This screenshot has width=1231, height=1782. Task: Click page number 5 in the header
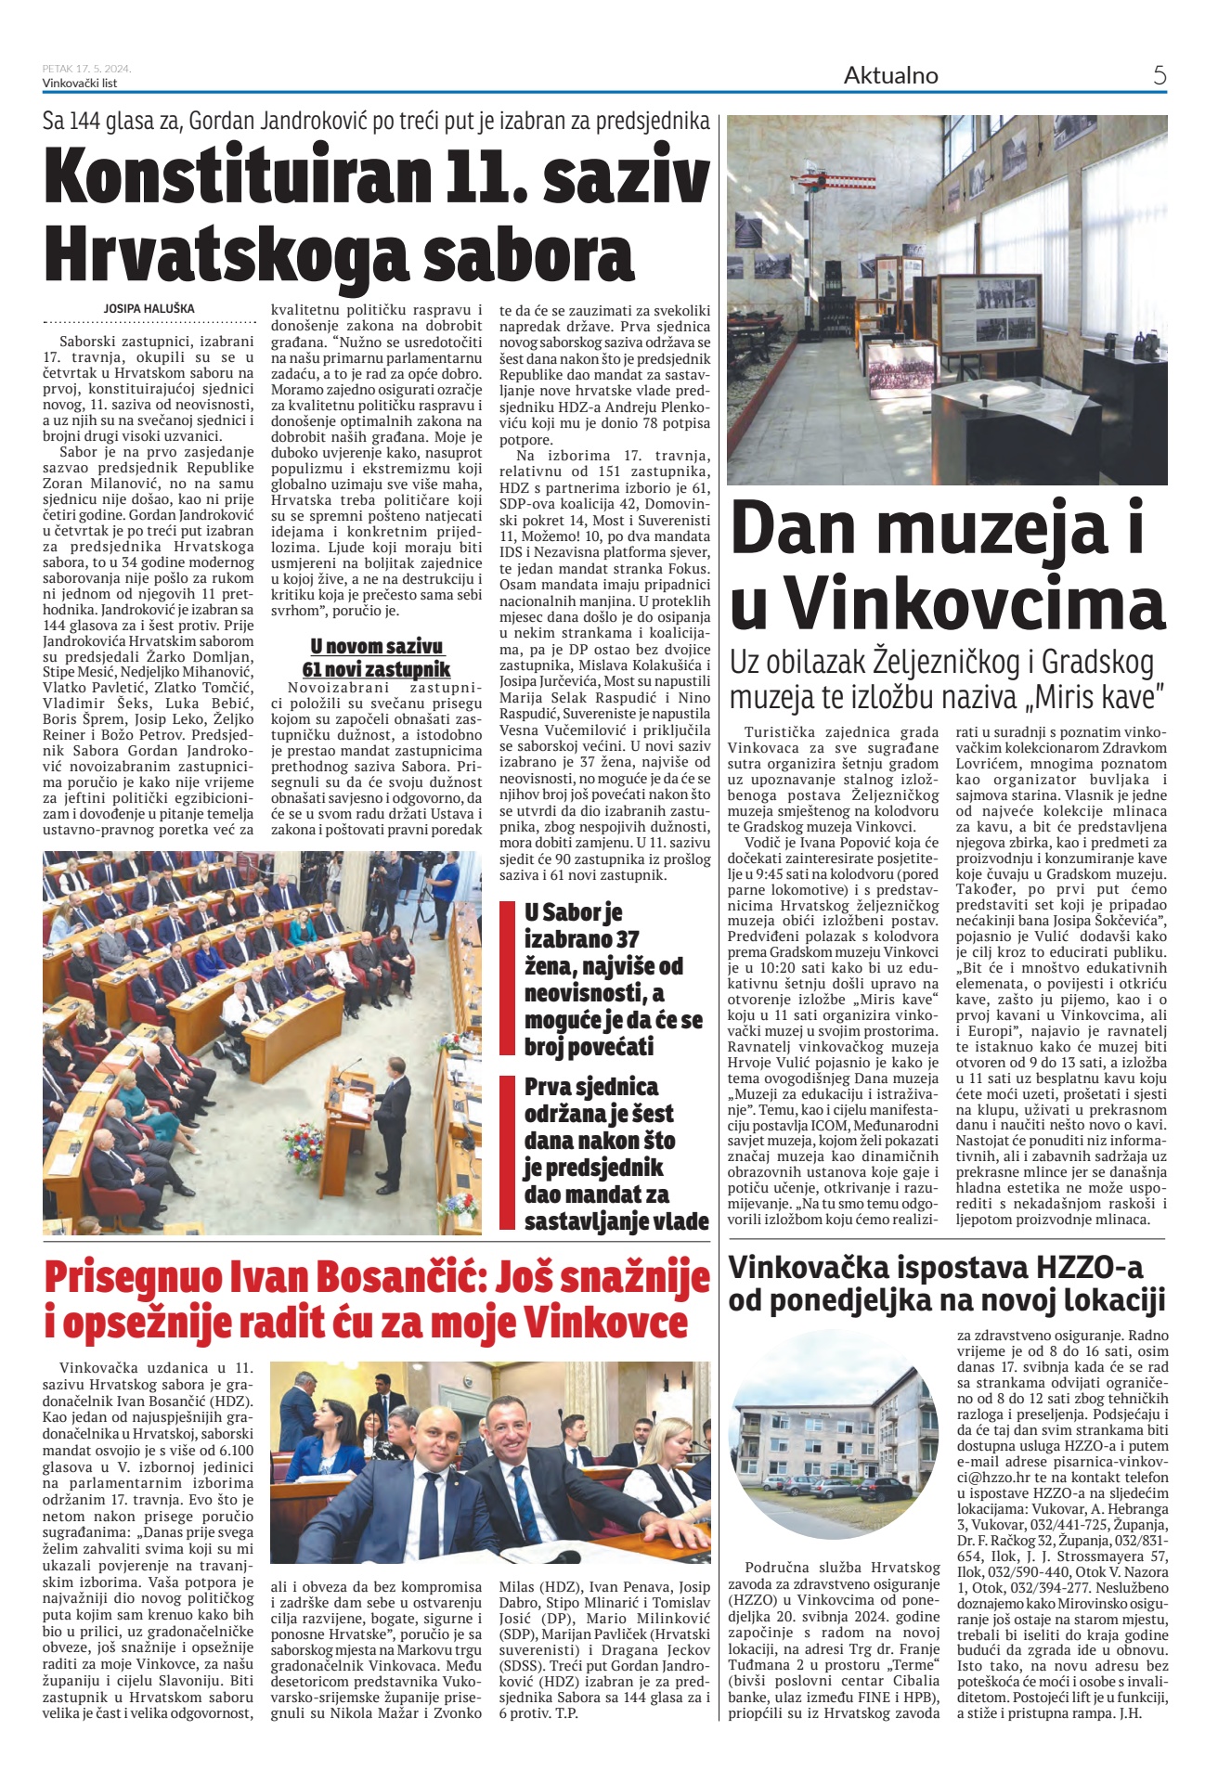pos(1159,75)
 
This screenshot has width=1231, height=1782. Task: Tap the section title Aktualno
pos(890,76)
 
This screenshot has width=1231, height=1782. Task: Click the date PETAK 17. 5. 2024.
pos(86,69)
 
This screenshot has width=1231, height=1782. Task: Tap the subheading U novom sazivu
pos(376,646)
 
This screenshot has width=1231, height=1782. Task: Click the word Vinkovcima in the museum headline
pos(976,604)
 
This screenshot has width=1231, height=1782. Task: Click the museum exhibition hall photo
pos(946,299)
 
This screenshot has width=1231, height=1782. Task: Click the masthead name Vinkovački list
pos(80,83)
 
